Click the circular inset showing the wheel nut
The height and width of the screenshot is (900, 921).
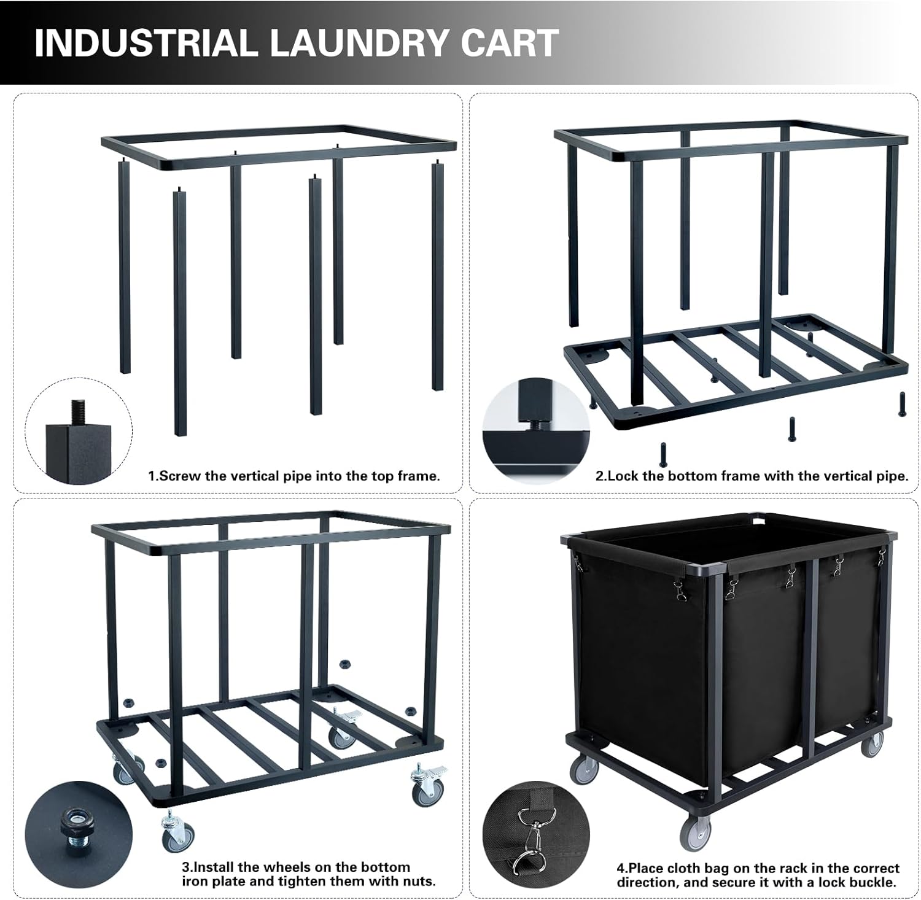(79, 834)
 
